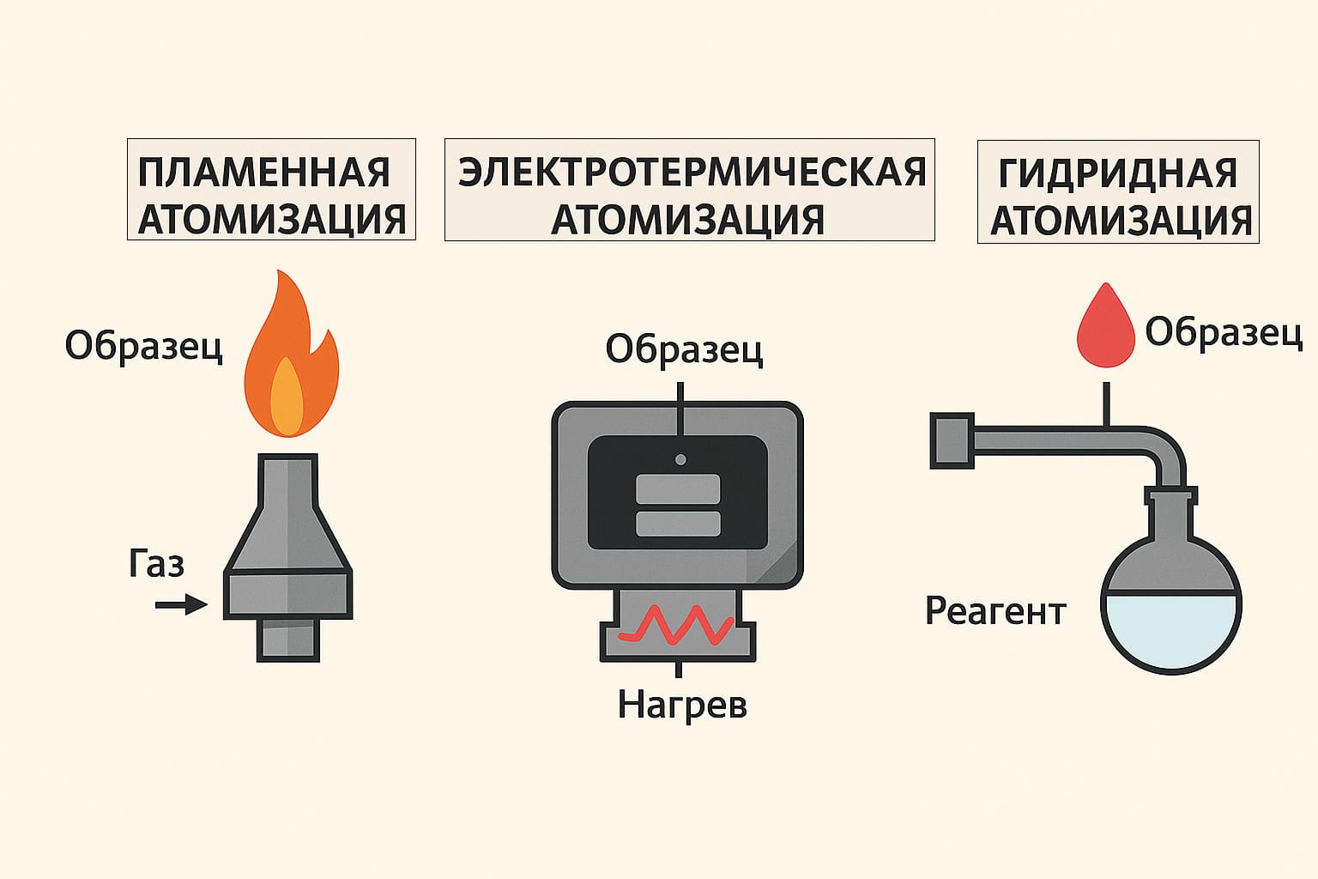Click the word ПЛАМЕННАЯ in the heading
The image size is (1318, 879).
pyautogui.click(x=263, y=173)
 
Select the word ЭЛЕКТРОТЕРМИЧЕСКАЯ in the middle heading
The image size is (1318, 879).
pyautogui.click(x=692, y=172)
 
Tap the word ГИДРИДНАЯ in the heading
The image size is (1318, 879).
pyautogui.click(x=1118, y=173)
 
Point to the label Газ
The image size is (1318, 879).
pyautogui.click(x=157, y=564)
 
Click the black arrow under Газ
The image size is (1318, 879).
pyautogui.click(x=181, y=605)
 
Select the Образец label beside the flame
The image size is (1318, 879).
pyautogui.click(x=143, y=347)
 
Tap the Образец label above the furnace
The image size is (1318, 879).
pyautogui.click(x=684, y=349)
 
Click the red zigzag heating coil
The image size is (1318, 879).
pyautogui.click(x=677, y=625)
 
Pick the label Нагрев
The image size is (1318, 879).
pyautogui.click(x=682, y=705)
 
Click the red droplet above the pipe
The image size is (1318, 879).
pyautogui.click(x=1107, y=327)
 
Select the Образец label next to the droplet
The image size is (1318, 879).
pyautogui.click(x=1224, y=331)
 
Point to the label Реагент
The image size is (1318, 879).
pyautogui.click(x=995, y=611)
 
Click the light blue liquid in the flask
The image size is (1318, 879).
pyautogui.click(x=1170, y=627)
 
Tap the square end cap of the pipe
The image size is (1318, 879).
pyautogui.click(x=952, y=440)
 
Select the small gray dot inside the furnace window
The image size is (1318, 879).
pyautogui.click(x=680, y=459)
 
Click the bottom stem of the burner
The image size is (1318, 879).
pyautogui.click(x=288, y=640)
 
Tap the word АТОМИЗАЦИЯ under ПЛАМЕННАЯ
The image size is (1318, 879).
pyautogui.click(x=271, y=220)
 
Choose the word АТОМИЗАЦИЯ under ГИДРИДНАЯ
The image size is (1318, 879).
pyautogui.click(x=1121, y=221)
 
